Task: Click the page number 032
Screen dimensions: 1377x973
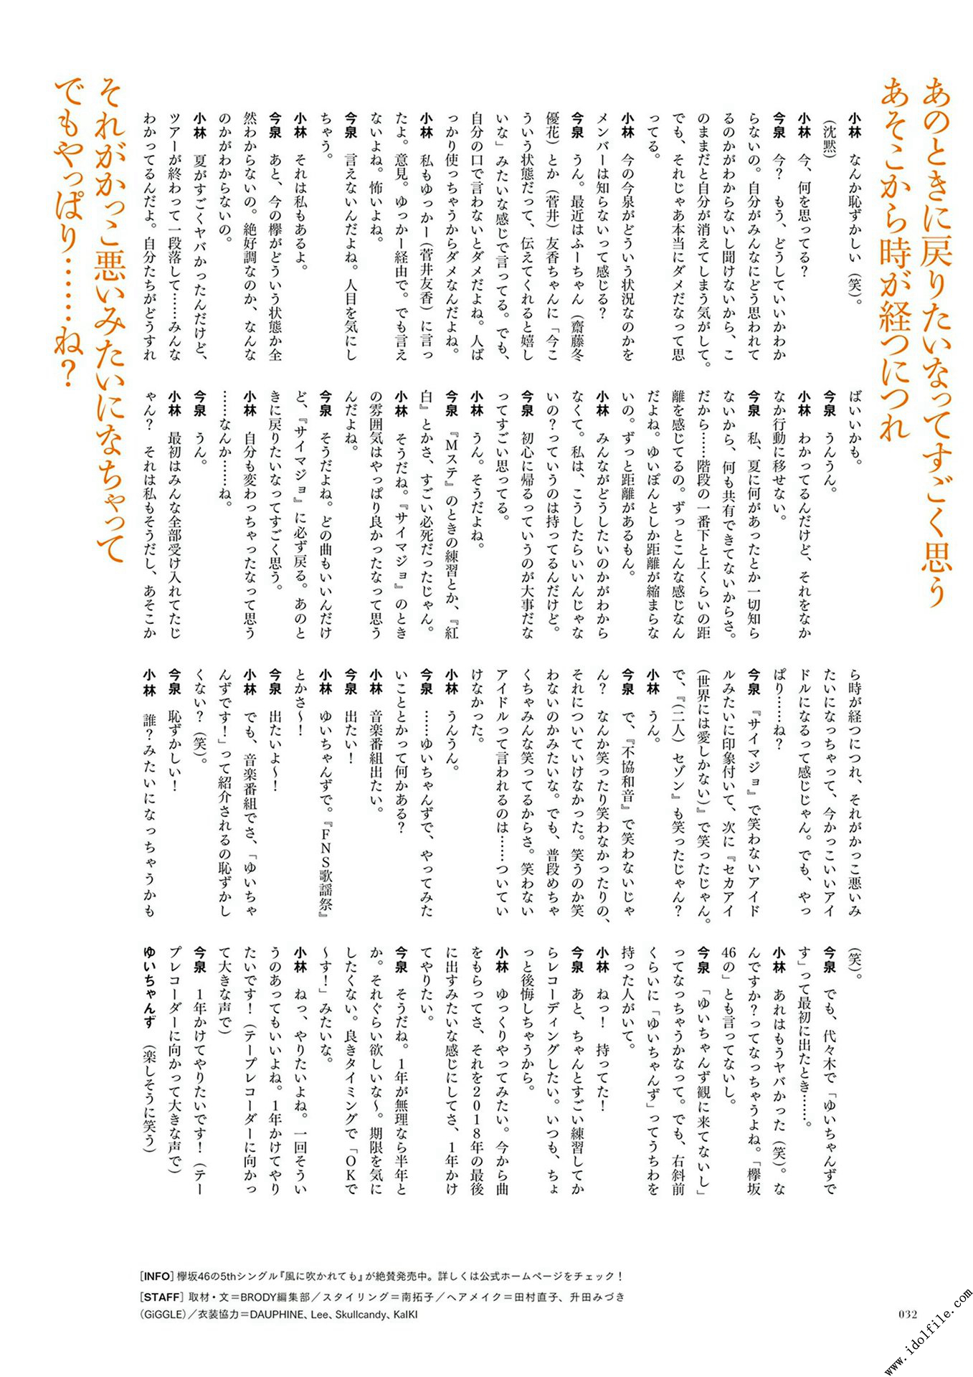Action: [x=908, y=1314]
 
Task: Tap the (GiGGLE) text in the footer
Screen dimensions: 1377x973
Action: [x=163, y=1315]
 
